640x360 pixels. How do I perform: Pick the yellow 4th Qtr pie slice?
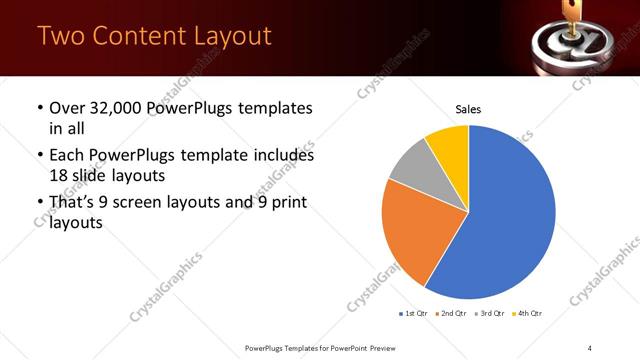447,144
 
